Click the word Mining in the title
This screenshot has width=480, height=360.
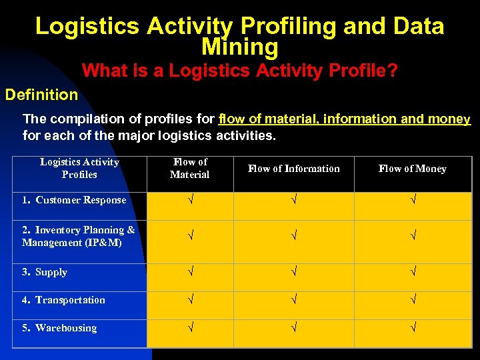(x=239, y=47)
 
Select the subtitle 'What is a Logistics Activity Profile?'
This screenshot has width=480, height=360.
(x=239, y=71)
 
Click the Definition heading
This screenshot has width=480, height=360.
(x=41, y=95)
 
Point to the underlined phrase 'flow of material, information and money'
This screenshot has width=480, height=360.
(x=344, y=119)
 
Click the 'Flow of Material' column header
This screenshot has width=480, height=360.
(x=190, y=169)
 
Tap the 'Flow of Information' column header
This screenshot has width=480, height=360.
(x=293, y=169)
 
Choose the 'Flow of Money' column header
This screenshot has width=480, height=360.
(x=412, y=169)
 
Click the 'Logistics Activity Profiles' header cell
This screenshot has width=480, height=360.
(x=79, y=169)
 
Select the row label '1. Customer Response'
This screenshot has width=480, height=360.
(x=74, y=200)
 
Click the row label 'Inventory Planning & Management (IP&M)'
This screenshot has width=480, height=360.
(x=78, y=237)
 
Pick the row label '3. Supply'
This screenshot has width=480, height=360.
(x=45, y=272)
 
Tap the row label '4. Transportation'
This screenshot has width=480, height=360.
(x=63, y=300)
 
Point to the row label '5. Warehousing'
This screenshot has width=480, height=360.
(x=59, y=328)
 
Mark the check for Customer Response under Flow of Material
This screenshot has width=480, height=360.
(x=190, y=200)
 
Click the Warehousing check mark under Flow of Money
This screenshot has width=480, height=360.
(x=413, y=328)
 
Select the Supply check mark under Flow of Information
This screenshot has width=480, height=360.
(x=293, y=272)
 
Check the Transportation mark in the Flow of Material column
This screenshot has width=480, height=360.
(x=190, y=300)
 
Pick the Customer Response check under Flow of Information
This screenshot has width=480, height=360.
(x=293, y=200)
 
